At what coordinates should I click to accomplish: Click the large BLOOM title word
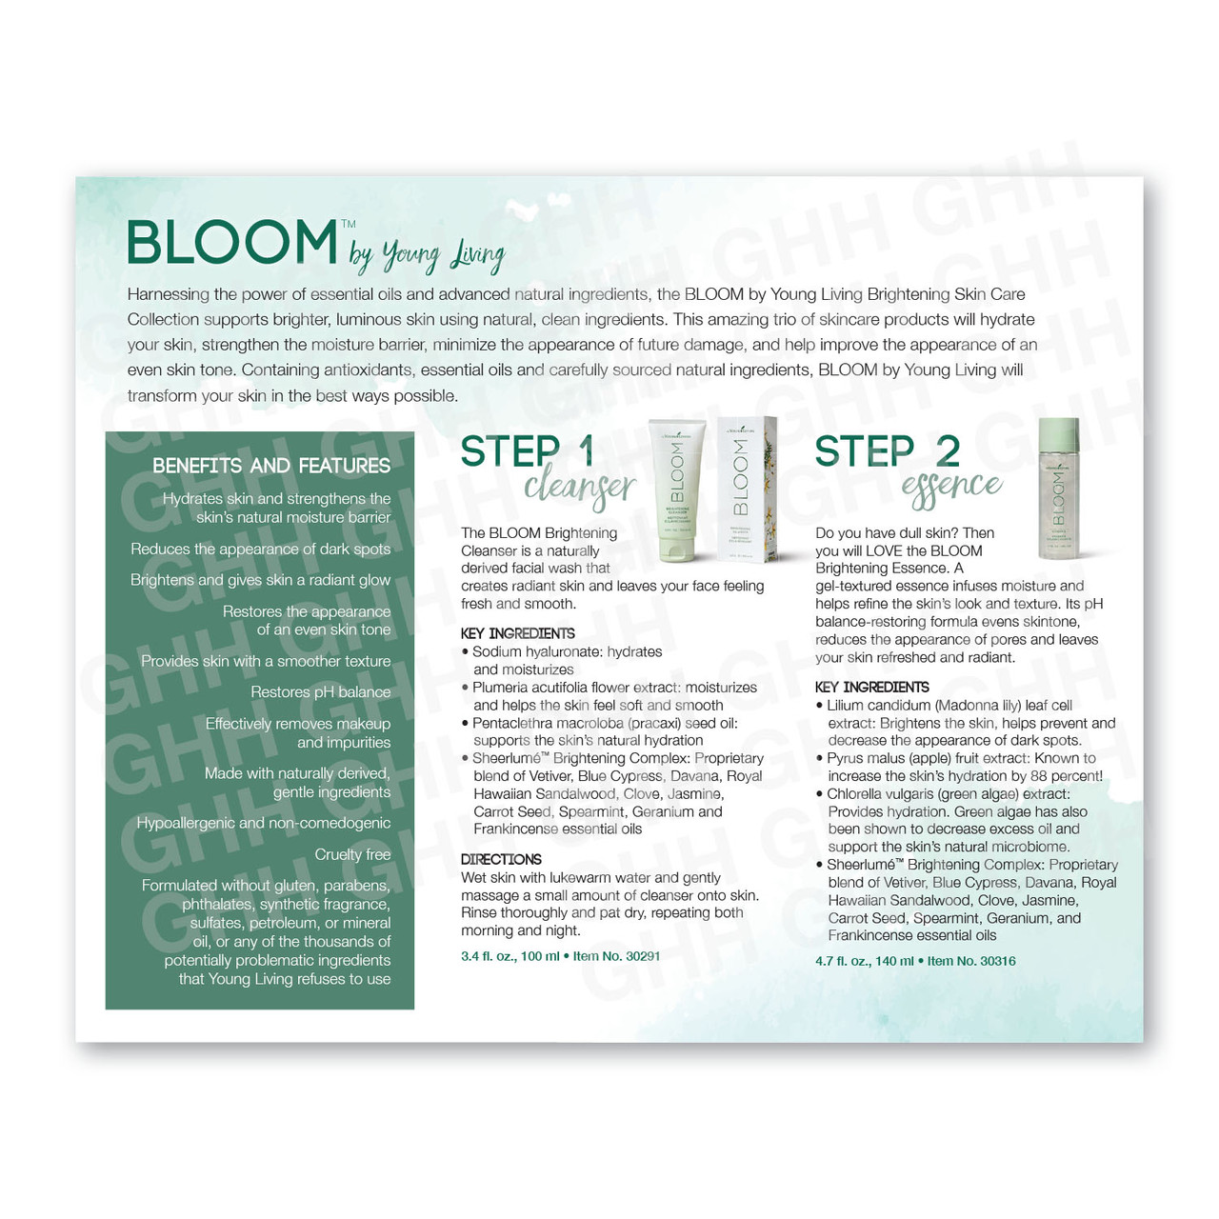232,242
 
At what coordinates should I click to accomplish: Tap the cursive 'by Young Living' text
427,255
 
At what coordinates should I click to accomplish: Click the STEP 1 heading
528,451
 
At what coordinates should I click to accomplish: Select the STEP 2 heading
887,451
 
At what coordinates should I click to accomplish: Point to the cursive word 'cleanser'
580,489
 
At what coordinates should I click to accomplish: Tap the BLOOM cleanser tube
677,490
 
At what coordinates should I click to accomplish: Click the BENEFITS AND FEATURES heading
271,467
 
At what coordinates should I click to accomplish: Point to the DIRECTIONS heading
501,859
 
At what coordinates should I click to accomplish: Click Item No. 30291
616,956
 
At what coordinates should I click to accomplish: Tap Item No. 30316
971,961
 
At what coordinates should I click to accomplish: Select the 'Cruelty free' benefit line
352,854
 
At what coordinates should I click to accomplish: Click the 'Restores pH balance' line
320,692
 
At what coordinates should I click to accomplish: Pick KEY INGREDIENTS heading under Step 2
871,687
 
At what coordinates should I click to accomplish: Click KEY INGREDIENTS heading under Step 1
517,633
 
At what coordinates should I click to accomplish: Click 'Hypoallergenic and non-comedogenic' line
264,823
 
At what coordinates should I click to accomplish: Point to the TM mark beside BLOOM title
349,224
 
